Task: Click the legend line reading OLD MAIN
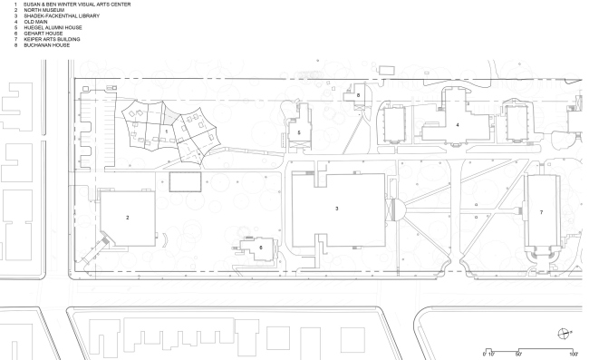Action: (35, 22)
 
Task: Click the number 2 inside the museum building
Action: (128, 218)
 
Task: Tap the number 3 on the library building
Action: (336, 209)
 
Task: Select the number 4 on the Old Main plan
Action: (457, 125)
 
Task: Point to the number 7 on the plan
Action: (541, 212)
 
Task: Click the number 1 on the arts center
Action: (167, 131)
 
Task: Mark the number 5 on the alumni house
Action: (299, 132)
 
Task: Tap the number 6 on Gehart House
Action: (261, 248)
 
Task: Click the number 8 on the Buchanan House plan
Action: (358, 95)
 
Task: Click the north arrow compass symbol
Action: (564, 334)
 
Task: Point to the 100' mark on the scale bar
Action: (574, 354)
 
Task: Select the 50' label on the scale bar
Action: (518, 354)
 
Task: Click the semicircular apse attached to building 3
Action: (399, 209)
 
